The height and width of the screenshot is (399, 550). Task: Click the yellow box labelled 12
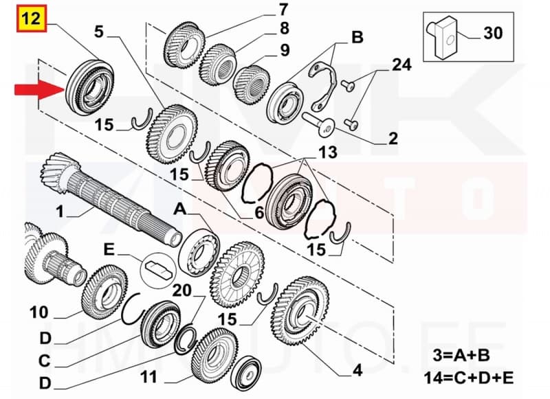(x=30, y=18)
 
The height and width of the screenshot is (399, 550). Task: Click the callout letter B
(x=357, y=37)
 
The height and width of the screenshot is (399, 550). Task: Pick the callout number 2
(x=393, y=139)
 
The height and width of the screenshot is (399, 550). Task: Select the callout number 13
(x=328, y=152)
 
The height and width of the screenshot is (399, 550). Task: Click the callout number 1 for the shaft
(x=60, y=212)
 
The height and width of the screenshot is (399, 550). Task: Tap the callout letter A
(x=180, y=207)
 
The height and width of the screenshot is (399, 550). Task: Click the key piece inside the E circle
(x=157, y=267)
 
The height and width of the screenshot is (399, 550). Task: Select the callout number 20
(x=182, y=290)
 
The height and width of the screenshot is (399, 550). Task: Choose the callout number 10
(x=39, y=312)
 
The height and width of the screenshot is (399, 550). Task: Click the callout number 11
(x=149, y=376)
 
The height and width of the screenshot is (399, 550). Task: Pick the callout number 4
(x=357, y=372)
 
